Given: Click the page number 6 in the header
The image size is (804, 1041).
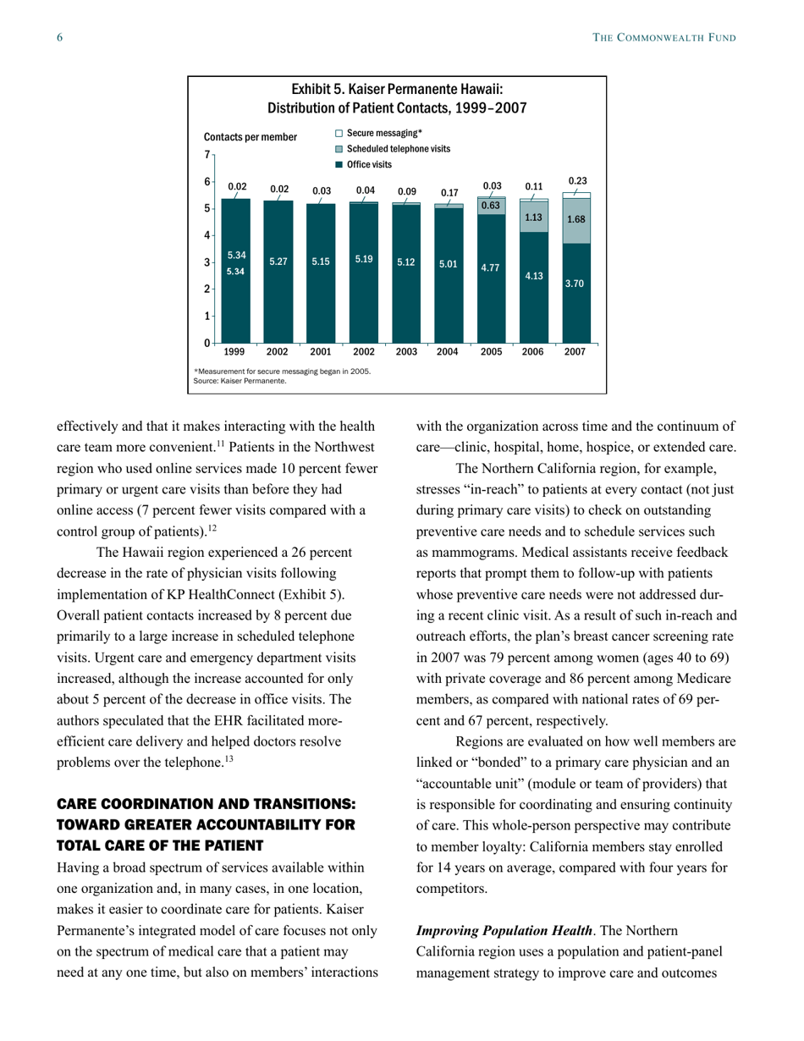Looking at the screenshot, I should tap(60, 38).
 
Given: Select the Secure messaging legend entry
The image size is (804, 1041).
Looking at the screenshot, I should tap(378, 133).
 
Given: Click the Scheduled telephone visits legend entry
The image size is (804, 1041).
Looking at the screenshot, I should tap(392, 148).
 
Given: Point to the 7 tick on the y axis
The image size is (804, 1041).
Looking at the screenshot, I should tap(207, 155).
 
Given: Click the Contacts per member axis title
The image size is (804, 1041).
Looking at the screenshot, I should tap(251, 137).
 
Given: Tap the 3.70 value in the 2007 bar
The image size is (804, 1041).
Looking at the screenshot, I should tap(575, 284).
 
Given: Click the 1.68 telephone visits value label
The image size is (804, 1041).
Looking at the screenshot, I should tap(575, 218).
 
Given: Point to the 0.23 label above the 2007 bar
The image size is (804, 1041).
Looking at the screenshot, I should tap(577, 181).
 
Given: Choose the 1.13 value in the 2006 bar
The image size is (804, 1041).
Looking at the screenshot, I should tap(533, 216).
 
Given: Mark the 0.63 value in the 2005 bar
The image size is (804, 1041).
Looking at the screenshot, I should tap(491, 206).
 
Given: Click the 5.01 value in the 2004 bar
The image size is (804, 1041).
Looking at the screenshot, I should tap(449, 263).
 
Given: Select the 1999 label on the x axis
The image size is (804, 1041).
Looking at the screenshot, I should tap(235, 351).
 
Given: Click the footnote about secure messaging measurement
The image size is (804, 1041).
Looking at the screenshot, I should tap(282, 372).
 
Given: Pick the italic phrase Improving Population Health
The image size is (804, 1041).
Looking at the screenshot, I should tap(504, 931).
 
